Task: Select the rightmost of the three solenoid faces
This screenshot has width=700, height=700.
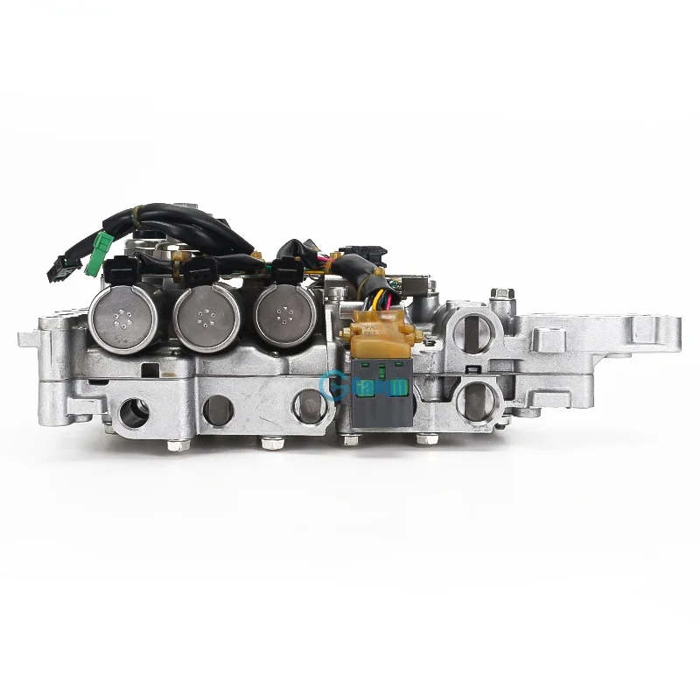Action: (x=282, y=317)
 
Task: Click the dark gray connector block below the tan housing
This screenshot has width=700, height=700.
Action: (x=378, y=395)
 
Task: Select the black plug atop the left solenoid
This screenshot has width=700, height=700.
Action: (x=121, y=268)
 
